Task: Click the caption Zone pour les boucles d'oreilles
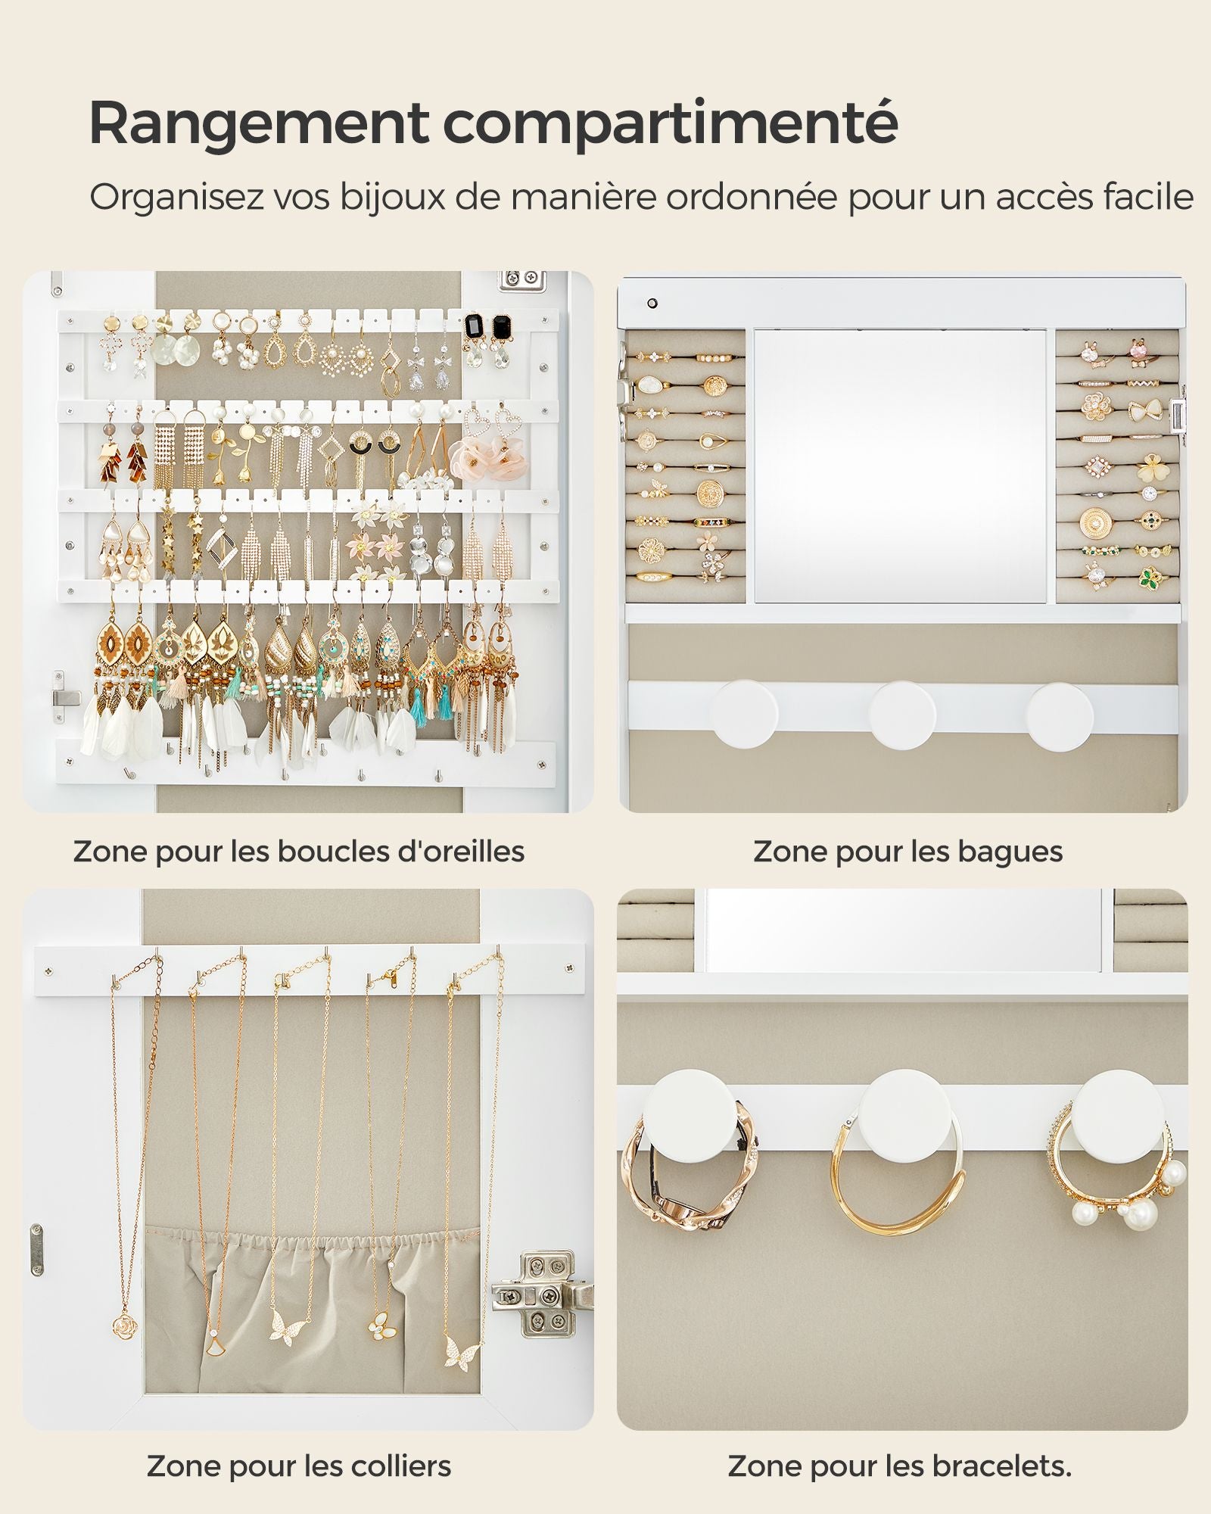299,851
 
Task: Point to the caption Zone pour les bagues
907,852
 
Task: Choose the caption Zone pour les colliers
299,1466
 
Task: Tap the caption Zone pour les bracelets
899,1466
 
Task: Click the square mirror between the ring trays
901,466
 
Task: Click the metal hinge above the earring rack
522,279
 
